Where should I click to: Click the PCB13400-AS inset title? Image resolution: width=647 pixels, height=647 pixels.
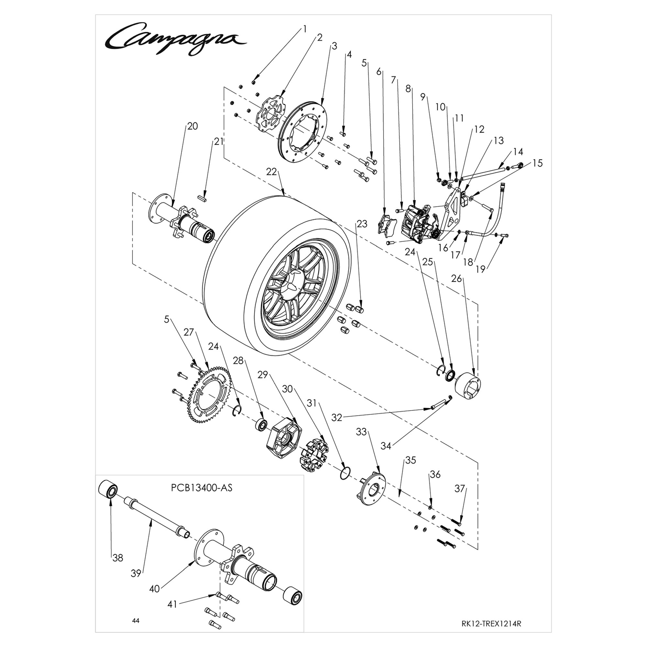(201, 488)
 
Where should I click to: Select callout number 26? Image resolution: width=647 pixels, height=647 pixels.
(456, 279)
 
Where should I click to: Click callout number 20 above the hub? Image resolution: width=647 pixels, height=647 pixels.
(192, 126)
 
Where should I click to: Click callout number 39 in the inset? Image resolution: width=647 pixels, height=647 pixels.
(136, 574)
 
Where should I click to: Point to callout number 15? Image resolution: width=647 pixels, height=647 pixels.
(537, 163)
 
